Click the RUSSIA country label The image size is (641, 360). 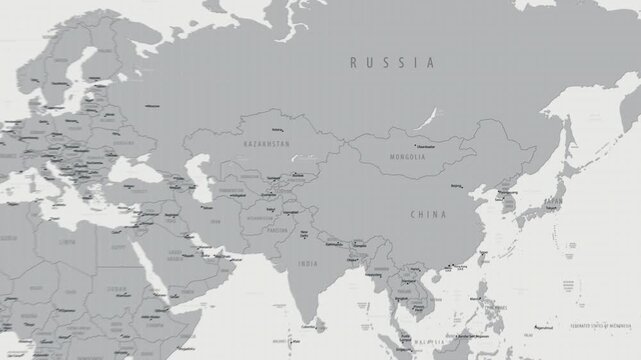click(x=392, y=63)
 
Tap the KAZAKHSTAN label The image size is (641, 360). click(x=265, y=144)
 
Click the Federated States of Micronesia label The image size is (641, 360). click(x=603, y=326)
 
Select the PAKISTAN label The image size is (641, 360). click(x=274, y=230)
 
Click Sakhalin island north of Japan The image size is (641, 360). click(x=569, y=140)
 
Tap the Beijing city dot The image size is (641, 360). click(x=463, y=184)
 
